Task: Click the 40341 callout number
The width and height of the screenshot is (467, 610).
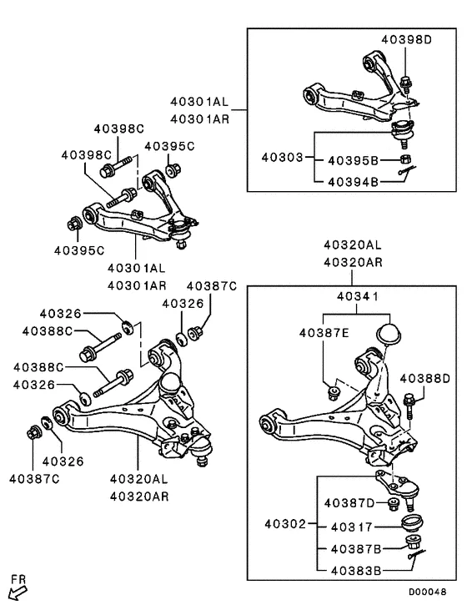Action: tap(359, 295)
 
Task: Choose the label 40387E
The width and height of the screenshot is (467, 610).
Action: tap(324, 333)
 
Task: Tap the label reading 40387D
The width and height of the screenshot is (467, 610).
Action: tap(348, 502)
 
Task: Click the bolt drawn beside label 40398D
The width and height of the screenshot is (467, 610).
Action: tap(406, 84)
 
